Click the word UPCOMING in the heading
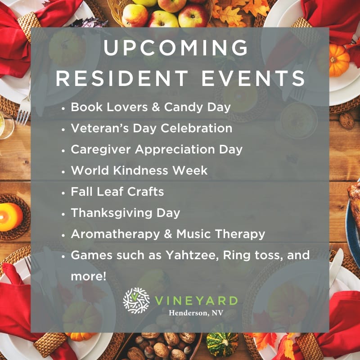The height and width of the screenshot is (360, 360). [176, 48]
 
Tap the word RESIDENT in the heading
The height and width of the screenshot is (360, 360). [122, 78]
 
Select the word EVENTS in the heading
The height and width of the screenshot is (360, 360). [253, 78]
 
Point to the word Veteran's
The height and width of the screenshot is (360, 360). [100, 128]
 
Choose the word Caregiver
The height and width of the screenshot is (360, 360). [101, 150]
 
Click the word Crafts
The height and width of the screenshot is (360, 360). [145, 192]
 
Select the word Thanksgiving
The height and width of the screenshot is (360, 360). [112, 213]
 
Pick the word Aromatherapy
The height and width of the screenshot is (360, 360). [115, 234]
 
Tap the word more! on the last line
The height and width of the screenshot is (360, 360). [89, 276]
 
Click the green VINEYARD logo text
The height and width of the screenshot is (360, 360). [196, 301]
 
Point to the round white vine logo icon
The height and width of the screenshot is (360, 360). [136, 301]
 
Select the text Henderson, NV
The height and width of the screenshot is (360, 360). [196, 313]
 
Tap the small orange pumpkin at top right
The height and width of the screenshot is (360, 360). [339, 60]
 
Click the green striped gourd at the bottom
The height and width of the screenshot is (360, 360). [222, 342]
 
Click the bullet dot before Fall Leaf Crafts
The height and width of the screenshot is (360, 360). [63, 193]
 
